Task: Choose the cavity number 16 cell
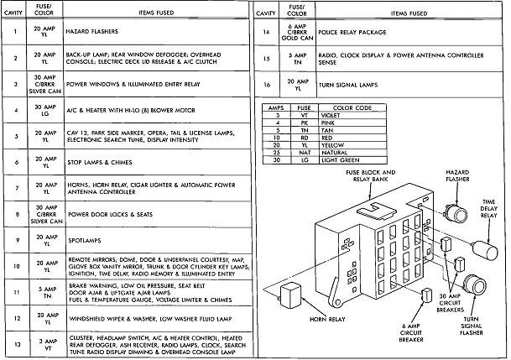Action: coord(266,86)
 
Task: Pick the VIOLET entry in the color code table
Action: coord(339,114)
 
